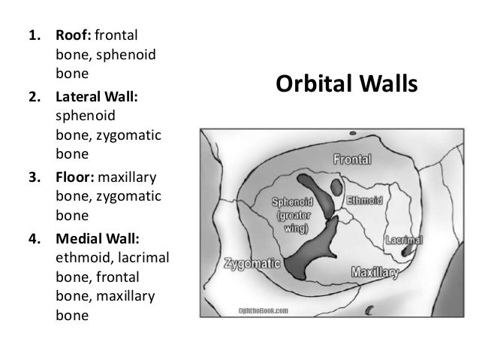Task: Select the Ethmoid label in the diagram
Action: (x=365, y=202)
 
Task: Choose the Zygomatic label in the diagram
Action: (x=252, y=264)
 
